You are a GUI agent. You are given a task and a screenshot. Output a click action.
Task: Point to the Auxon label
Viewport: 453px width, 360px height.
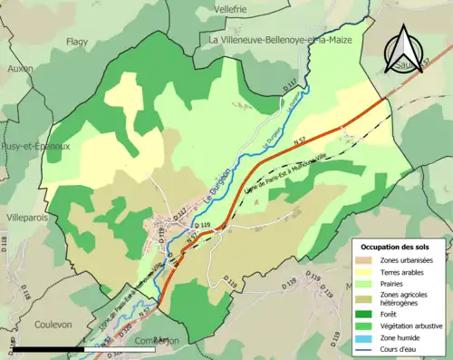pos(19,68)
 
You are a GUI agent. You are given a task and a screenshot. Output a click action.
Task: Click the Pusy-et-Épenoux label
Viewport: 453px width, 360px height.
pos(35,146)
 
